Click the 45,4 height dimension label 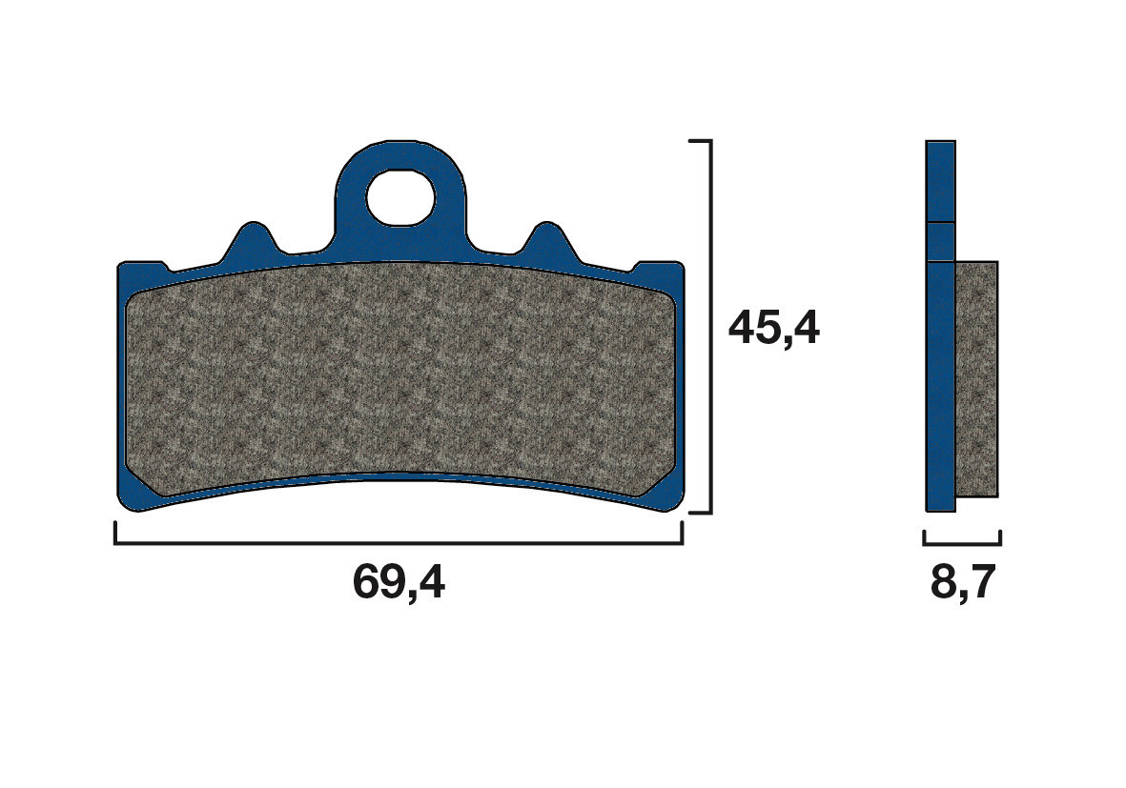point(773,329)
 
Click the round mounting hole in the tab point(400,196)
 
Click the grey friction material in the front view point(400,381)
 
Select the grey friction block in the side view point(976,379)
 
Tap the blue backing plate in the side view point(940,381)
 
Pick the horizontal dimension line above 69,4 point(399,543)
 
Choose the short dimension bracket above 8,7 point(962,543)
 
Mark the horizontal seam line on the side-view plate point(940,223)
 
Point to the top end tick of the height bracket point(700,141)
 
